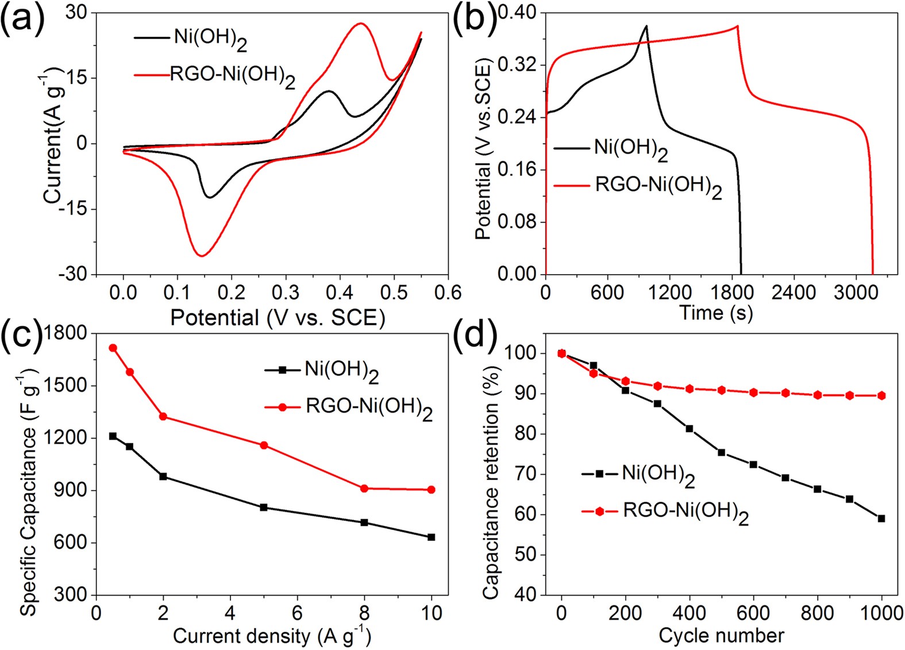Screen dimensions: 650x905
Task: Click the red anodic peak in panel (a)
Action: click(361, 24)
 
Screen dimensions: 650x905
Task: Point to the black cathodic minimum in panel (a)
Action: click(210, 197)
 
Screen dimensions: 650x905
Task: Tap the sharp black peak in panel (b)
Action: click(646, 26)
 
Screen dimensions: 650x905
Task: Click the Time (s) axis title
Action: click(715, 313)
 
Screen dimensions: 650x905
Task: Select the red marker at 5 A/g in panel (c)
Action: click(264, 445)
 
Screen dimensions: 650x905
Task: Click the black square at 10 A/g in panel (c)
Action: click(432, 537)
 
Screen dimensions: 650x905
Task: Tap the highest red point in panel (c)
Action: click(113, 348)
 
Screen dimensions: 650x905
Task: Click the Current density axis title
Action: click(271, 636)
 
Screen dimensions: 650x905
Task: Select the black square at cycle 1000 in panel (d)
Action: click(881, 518)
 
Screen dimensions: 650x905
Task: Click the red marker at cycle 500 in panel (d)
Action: click(721, 390)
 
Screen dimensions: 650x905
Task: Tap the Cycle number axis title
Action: click(721, 636)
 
